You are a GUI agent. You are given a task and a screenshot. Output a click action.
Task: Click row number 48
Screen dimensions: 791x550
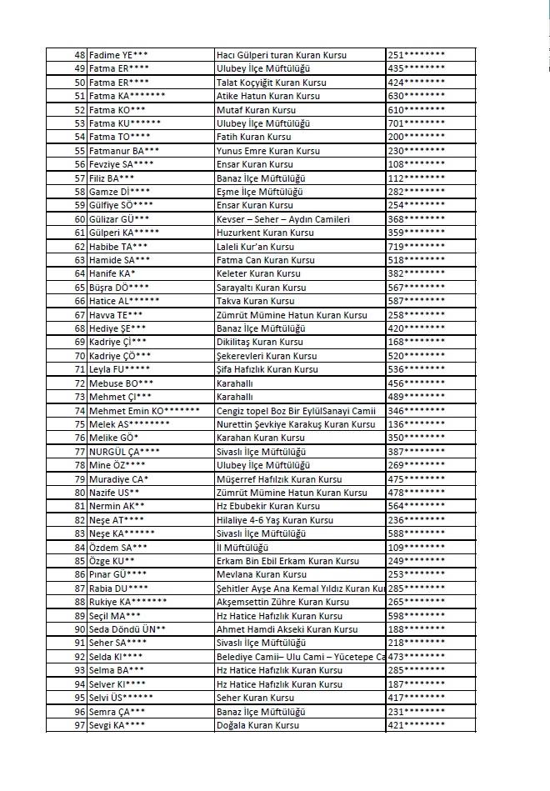click(x=80, y=55)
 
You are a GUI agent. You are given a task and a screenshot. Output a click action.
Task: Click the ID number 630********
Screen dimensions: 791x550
click(x=416, y=96)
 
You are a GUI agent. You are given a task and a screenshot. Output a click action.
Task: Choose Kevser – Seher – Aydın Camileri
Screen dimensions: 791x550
click(x=282, y=219)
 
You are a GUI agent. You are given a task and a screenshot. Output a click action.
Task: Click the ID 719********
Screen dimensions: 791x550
click(x=416, y=247)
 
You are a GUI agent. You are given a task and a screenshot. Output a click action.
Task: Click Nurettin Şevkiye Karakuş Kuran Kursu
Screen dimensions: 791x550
click(x=295, y=424)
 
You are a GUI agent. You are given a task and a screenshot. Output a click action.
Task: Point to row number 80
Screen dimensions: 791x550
click(x=80, y=493)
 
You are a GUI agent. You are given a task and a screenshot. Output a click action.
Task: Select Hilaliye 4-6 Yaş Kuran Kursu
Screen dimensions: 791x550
click(x=274, y=519)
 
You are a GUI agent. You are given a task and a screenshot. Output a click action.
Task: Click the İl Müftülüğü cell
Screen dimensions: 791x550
click(x=242, y=547)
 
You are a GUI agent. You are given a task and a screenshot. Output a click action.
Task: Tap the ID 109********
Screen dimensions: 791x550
click(x=416, y=547)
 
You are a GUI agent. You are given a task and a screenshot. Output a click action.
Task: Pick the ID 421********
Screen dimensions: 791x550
click(x=416, y=725)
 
